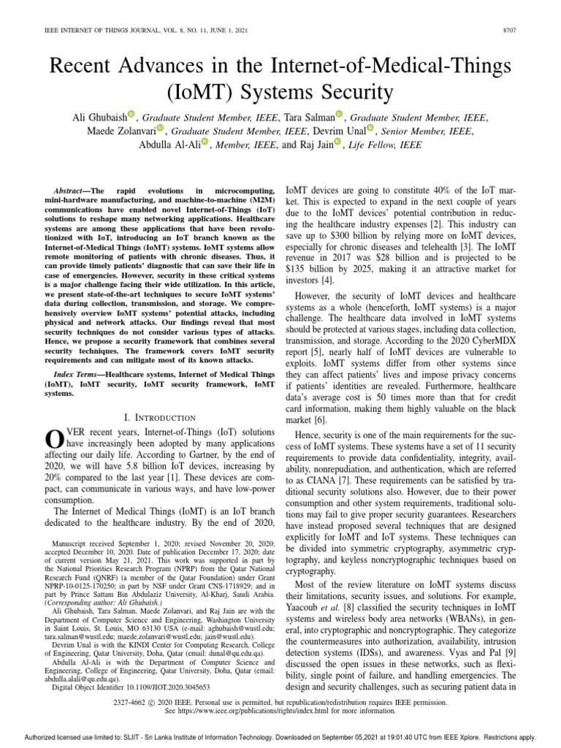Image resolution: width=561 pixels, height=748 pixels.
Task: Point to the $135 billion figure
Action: pos(305,269)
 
